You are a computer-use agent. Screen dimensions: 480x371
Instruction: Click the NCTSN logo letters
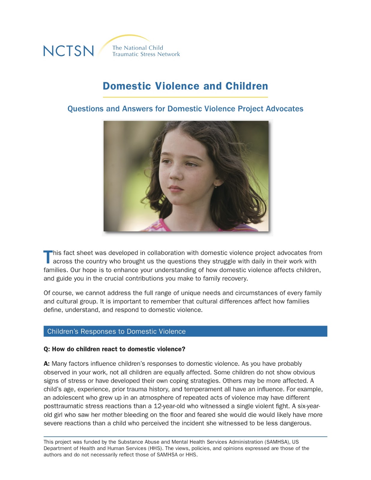(68, 51)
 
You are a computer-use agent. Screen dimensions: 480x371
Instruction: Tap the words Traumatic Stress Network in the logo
(146, 54)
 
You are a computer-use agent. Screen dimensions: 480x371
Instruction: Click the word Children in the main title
(246, 86)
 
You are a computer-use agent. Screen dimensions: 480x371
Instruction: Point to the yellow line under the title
(185, 97)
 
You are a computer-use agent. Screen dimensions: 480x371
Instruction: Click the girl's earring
(216, 186)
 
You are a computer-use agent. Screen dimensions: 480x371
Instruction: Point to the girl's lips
(176, 189)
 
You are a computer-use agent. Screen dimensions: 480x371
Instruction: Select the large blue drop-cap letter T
(48, 257)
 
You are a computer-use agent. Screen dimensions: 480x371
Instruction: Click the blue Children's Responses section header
(185, 331)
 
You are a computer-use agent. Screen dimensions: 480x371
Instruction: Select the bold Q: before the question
(47, 349)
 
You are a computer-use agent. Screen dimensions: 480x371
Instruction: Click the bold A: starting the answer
(47, 364)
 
